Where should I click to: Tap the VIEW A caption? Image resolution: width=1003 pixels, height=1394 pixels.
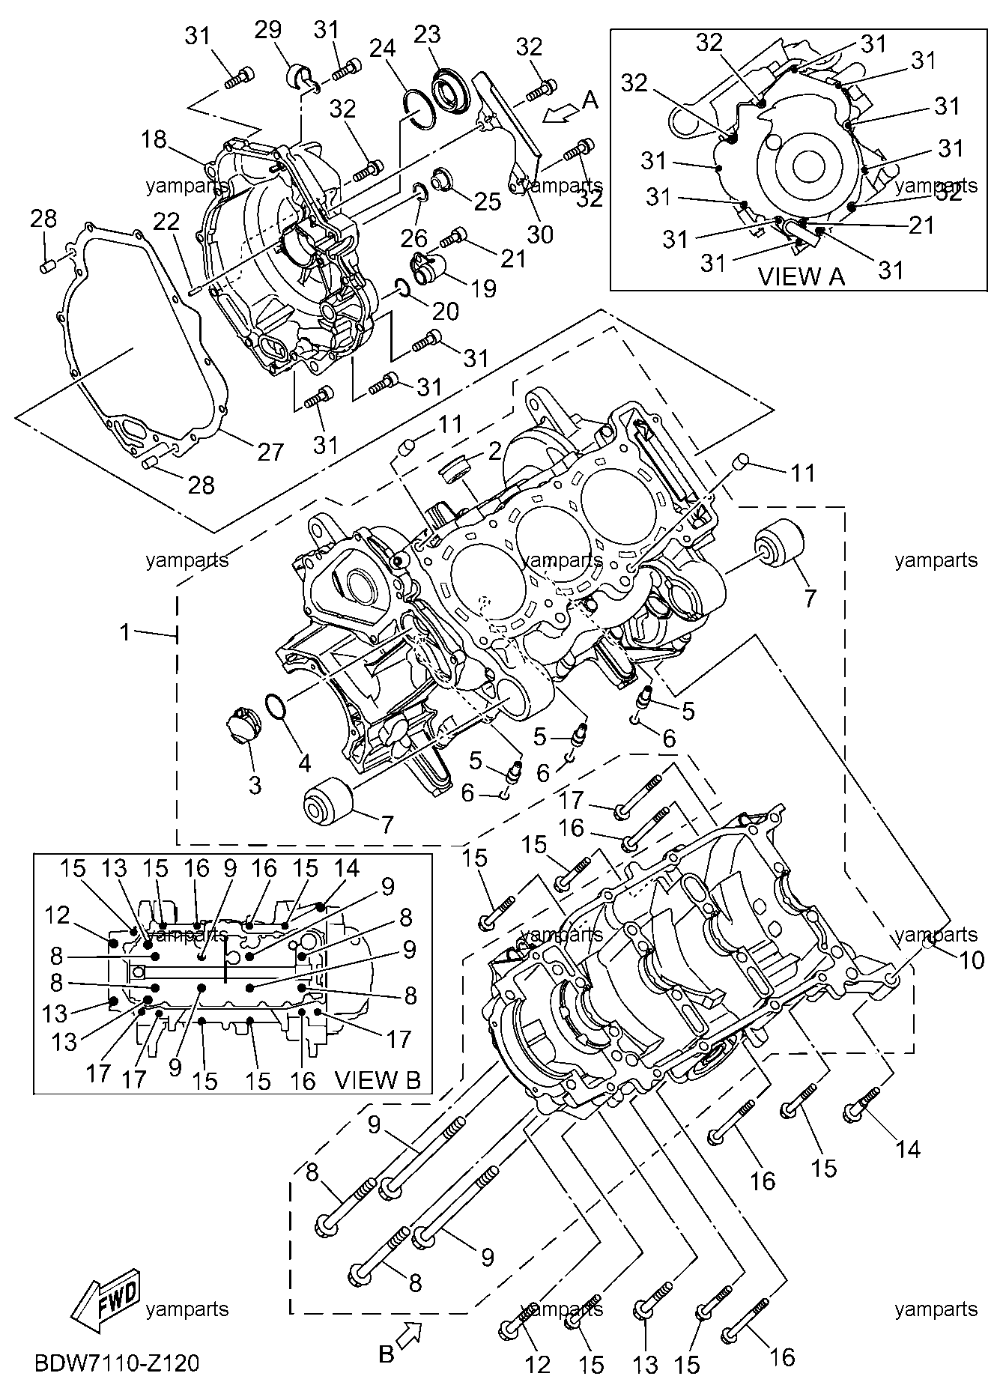click(802, 276)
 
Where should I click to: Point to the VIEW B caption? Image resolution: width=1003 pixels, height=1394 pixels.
click(378, 1079)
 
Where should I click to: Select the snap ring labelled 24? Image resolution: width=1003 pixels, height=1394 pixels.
click(419, 109)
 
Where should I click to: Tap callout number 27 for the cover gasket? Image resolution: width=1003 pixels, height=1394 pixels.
click(271, 452)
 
